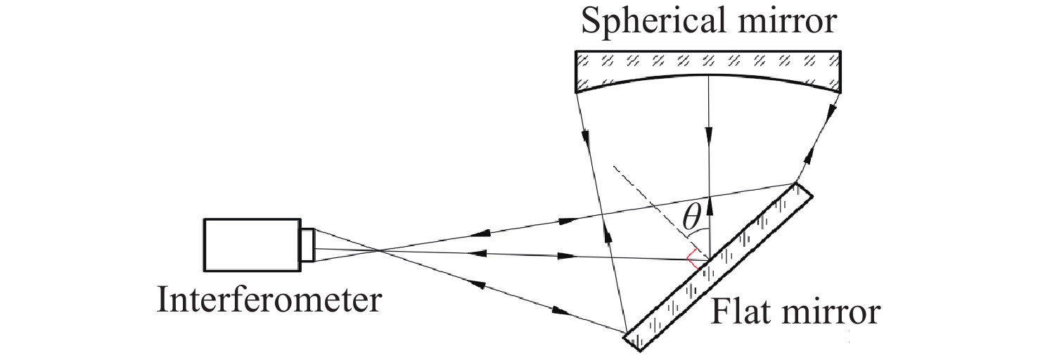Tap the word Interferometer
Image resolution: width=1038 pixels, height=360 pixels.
coord(269,301)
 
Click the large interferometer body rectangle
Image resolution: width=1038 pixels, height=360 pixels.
coord(252,245)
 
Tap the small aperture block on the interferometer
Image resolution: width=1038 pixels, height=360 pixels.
coord(308,245)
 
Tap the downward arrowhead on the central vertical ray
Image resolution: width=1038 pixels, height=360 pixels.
coord(709,134)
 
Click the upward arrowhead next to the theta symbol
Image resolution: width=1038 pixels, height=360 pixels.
coord(709,205)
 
